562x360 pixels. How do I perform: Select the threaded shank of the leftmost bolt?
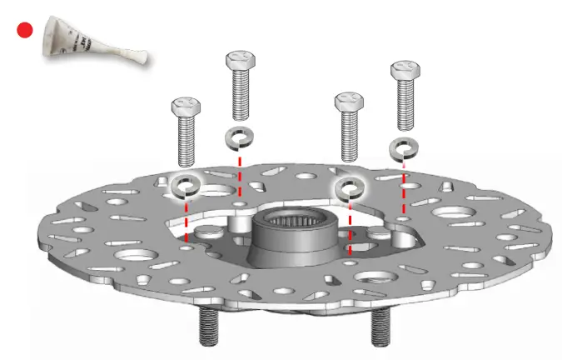coord(186,142)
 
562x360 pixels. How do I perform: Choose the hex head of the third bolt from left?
coord(348,102)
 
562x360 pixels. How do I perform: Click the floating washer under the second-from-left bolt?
coord(240,137)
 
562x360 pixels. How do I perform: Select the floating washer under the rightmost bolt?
coord(404,148)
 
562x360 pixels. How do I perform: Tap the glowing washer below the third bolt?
coord(348,188)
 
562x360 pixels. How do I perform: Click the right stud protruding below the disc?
coord(380,326)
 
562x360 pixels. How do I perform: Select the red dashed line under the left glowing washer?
coord(186,221)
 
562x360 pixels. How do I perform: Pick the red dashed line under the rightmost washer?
coord(404,187)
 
